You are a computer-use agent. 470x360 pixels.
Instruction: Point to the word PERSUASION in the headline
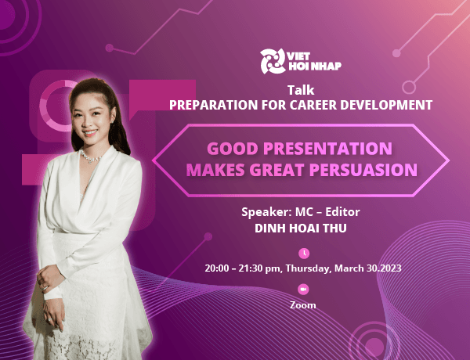pyautogui.click(x=369, y=168)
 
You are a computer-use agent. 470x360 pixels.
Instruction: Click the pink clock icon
pyautogui.click(x=304, y=253)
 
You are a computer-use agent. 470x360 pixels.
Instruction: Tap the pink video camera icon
pyautogui.click(x=304, y=290)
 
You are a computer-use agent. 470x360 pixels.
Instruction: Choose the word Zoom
pyautogui.click(x=302, y=305)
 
